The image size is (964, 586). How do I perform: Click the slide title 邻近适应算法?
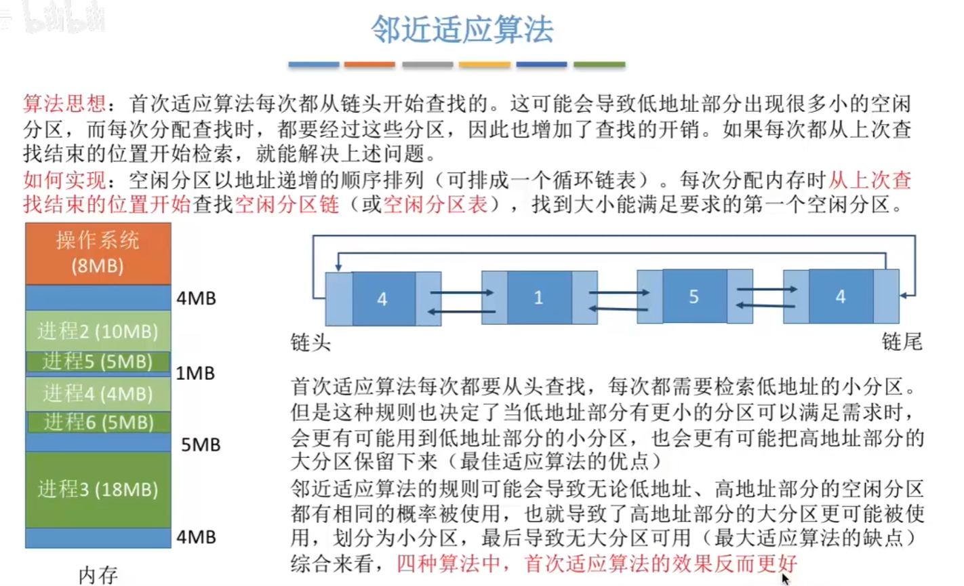[x=462, y=30]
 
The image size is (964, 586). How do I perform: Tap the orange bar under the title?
[x=369, y=64]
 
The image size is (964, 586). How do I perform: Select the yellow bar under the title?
[x=484, y=64]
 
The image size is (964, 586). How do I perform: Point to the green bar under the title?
[x=599, y=64]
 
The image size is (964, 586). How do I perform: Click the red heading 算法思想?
[x=64, y=104]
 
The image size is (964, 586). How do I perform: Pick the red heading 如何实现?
[x=64, y=180]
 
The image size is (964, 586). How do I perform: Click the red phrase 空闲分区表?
[x=435, y=204]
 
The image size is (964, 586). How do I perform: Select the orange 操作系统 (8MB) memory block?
[x=98, y=253]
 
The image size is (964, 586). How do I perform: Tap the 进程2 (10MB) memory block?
[x=98, y=330]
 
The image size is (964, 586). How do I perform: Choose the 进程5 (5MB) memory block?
[x=98, y=362]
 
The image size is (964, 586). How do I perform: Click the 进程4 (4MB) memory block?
[x=98, y=393]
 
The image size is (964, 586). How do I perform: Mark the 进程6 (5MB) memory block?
[x=98, y=422]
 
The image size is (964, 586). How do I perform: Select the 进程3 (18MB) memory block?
[x=98, y=489]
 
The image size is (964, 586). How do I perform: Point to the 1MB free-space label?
[x=195, y=373]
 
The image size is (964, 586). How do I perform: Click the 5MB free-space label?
[x=201, y=445]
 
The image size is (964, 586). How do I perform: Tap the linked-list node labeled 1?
[x=539, y=298]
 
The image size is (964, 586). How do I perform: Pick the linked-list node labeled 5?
[x=694, y=296]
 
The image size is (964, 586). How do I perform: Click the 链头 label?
[x=310, y=343]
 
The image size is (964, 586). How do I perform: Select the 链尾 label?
[x=902, y=341]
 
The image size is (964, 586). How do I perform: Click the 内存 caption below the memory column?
[x=98, y=575]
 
